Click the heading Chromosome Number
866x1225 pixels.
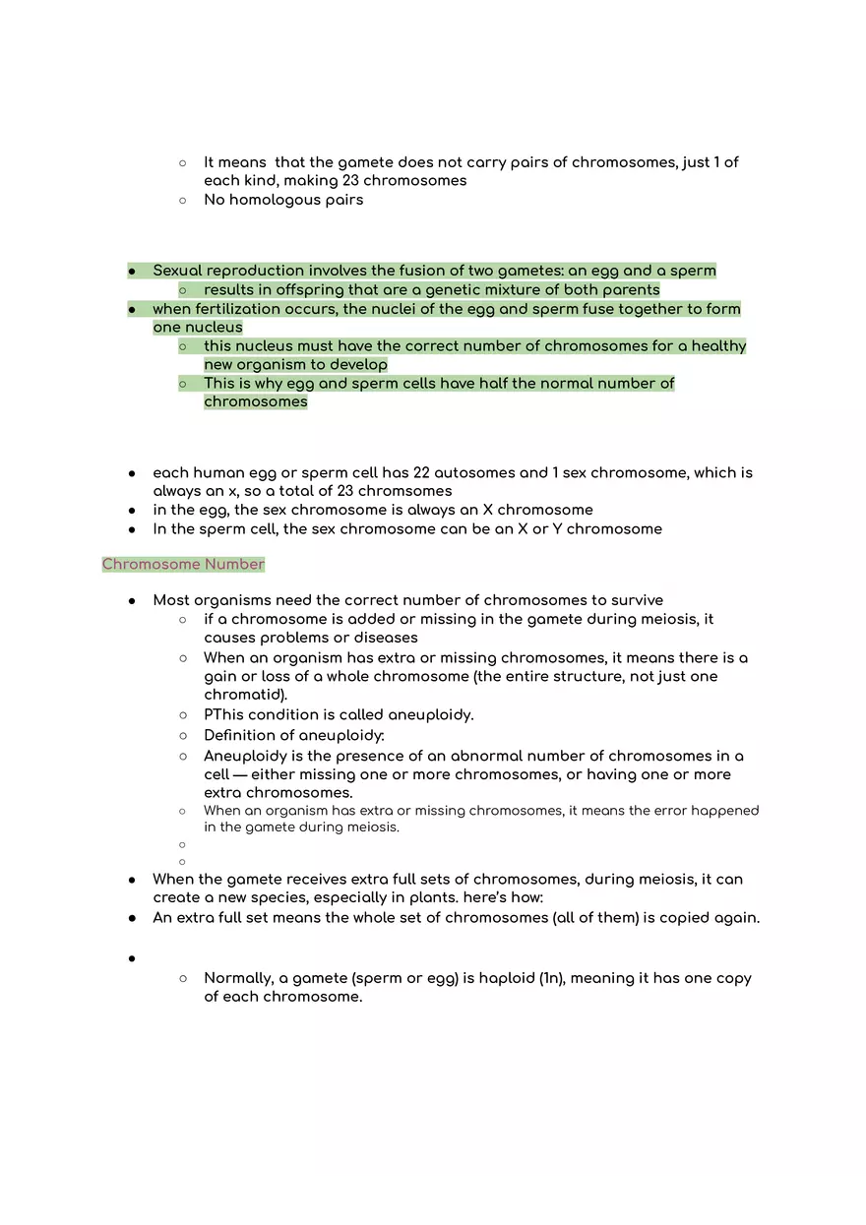point(183,564)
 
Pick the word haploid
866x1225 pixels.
point(505,978)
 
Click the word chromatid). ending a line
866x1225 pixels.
point(245,695)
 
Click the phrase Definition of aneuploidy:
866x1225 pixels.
point(294,735)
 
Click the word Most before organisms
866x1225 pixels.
point(171,600)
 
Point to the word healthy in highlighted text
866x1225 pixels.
point(718,346)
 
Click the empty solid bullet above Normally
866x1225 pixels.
point(132,958)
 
